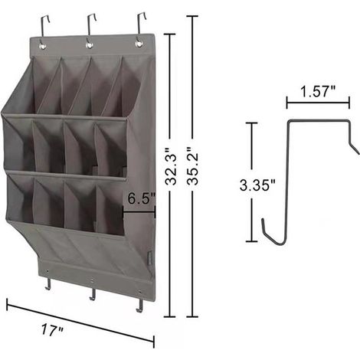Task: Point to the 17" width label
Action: [52, 330]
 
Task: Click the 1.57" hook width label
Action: [318, 91]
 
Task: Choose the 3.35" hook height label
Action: [257, 185]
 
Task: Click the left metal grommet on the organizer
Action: [42, 46]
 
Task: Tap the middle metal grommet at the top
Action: [89, 45]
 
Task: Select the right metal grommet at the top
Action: [139, 44]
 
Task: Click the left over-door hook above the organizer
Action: [44, 25]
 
